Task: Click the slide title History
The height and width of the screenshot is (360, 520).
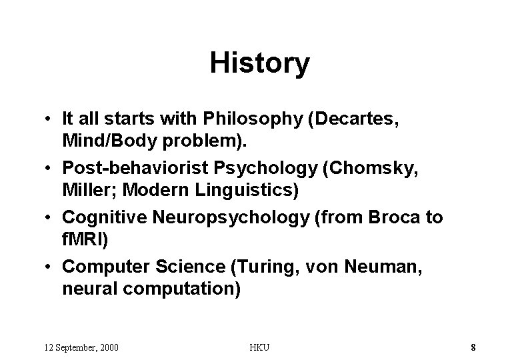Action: [259, 63]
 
